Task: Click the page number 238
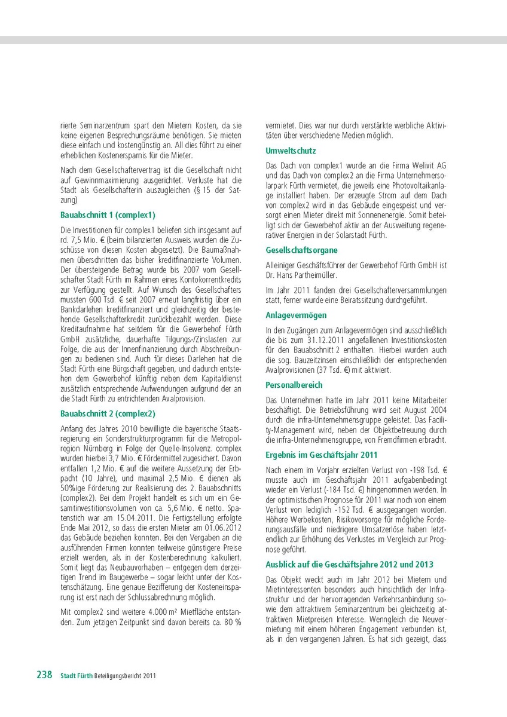[44, 675]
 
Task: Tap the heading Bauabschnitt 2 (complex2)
[108, 413]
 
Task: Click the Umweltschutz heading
[291, 151]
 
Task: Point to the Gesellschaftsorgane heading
[301, 250]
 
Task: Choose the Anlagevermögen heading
[297, 315]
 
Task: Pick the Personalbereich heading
[294, 385]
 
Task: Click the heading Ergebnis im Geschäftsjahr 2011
[322, 455]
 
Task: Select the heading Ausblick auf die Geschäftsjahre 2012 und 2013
[350, 565]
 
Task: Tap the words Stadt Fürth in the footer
[76, 676]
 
